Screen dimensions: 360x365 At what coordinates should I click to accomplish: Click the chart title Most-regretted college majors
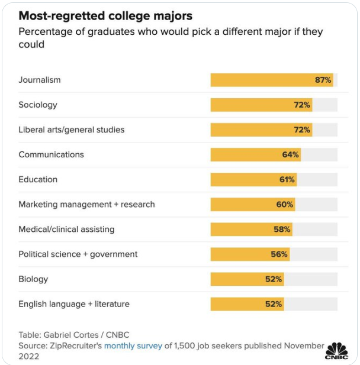[105, 16]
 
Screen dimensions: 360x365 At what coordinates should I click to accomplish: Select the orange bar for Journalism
[272, 80]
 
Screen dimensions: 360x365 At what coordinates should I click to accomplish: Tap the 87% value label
[323, 80]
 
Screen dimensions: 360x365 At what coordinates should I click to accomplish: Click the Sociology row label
[38, 105]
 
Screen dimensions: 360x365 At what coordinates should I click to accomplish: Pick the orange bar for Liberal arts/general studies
[262, 130]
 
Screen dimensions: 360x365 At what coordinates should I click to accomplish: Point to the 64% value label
[290, 154]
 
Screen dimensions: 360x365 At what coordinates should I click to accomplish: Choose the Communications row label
[52, 154]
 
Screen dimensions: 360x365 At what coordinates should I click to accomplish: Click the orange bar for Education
[254, 179]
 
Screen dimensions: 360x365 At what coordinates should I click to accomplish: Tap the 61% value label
[287, 179]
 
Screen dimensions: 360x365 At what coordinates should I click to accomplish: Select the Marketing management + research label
[86, 204]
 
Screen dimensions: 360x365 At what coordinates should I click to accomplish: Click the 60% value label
[285, 204]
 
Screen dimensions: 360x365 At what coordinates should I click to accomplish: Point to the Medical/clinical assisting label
[67, 230]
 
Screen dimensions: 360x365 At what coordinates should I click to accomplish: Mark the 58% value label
[282, 230]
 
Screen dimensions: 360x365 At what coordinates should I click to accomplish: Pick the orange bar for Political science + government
[250, 254]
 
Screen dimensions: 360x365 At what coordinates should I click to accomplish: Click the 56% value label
[279, 254]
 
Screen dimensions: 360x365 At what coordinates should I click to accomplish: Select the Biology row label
[33, 279]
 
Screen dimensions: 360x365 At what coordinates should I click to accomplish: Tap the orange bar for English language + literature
[247, 304]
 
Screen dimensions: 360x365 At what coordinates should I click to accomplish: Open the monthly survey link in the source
[133, 346]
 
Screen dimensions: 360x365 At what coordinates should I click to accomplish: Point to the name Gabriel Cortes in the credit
[71, 335]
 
